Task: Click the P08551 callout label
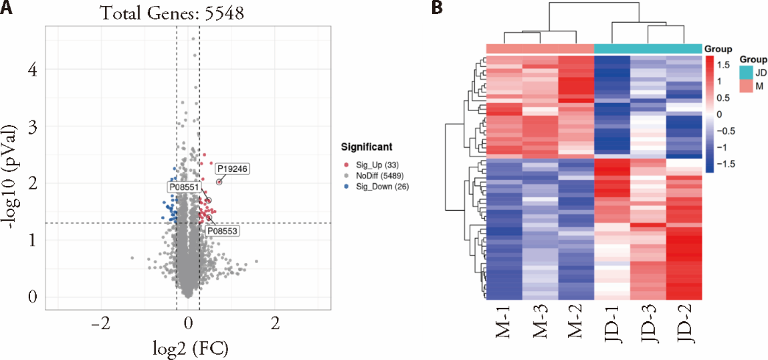point(183,187)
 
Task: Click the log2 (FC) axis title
point(188,345)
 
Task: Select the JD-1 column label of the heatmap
point(612,335)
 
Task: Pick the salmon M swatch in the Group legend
point(747,86)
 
